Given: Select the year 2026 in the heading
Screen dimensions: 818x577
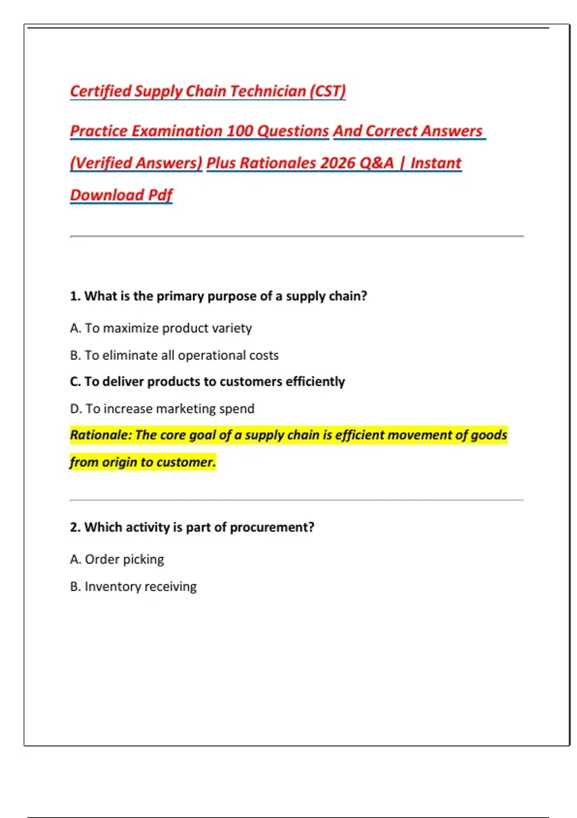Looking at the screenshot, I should coord(338,163).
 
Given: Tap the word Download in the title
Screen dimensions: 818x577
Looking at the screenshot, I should coord(107,195).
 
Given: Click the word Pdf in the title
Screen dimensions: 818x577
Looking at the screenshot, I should coord(160,195).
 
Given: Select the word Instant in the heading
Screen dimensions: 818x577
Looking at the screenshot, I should coord(436,163).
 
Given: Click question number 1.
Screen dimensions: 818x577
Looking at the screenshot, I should coord(75,296).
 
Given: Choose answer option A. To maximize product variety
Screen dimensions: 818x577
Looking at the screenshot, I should coord(161,328).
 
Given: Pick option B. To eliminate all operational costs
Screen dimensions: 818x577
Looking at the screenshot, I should coord(174,355).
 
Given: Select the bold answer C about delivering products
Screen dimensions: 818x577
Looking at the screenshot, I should coord(207,382).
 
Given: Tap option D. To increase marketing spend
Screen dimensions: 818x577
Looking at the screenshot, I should coord(162,409).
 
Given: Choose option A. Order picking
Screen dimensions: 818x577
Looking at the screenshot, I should coord(117,559).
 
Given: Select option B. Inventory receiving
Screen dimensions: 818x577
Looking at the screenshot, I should coord(133,587).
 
